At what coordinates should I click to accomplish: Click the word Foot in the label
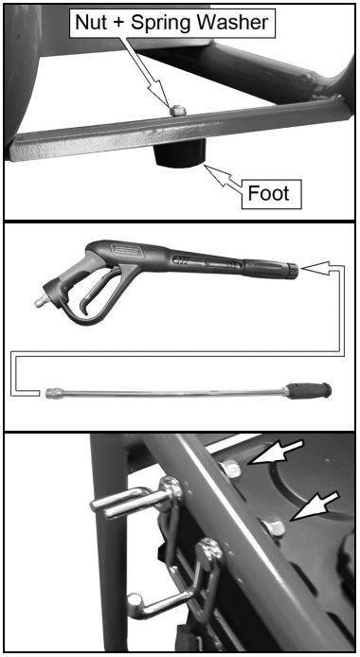(269, 193)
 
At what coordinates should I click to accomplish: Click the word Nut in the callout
(91, 22)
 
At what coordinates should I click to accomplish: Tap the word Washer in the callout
(238, 22)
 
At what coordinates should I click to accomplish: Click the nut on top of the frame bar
(177, 111)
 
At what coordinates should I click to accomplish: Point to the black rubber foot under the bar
(180, 153)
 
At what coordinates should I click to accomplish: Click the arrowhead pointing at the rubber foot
(215, 173)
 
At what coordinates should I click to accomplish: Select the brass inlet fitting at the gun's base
(40, 303)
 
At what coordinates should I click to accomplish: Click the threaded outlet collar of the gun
(292, 271)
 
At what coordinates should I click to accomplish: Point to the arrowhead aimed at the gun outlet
(315, 269)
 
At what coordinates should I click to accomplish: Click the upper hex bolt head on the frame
(230, 469)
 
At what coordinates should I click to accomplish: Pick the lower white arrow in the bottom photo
(315, 506)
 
